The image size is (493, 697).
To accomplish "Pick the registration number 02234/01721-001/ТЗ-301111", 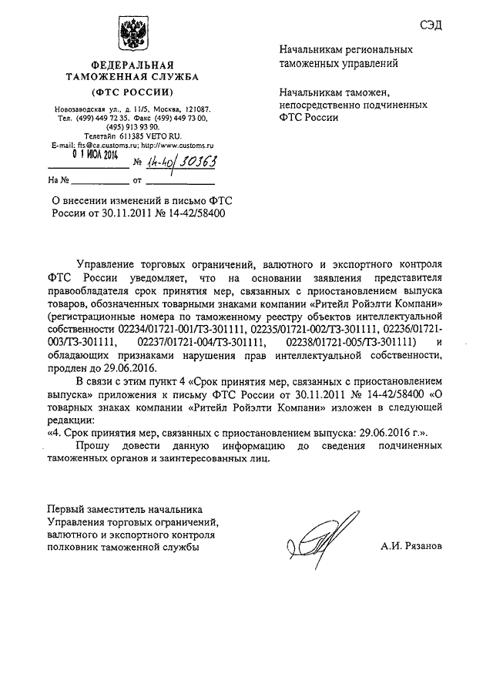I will point(179,329).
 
